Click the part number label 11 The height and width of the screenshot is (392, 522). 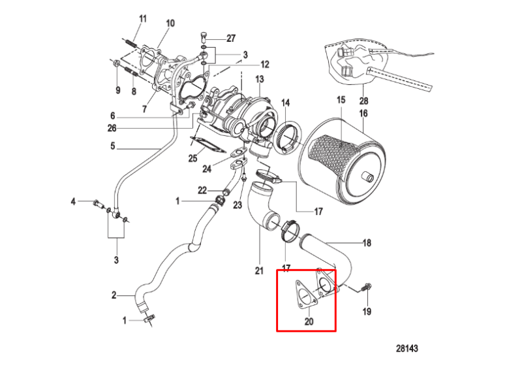coord(142,19)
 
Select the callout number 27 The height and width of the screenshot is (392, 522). coord(231,39)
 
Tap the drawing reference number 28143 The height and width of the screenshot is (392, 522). coord(407,348)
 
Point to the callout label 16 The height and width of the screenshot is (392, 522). coord(363,113)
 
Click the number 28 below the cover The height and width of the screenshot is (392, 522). coord(363,101)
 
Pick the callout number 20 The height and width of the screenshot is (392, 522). coord(309,321)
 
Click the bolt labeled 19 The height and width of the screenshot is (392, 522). coord(367,287)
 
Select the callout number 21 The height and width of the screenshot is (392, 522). coord(259,270)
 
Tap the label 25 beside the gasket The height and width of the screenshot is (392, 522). coord(192,158)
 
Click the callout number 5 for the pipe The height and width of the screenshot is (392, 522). coord(112,146)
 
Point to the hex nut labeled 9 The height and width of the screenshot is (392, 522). coord(116,63)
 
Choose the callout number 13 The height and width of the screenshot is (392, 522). coord(259,79)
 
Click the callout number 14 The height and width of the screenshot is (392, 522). coord(286,103)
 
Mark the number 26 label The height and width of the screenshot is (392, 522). coord(112,127)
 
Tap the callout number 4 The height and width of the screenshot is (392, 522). coord(73,201)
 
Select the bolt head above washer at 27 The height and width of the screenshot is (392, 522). coord(204,35)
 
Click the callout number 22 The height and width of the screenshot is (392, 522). coord(202,190)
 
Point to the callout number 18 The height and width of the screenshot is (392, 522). coord(367,242)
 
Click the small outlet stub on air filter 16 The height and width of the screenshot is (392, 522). coord(367,176)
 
